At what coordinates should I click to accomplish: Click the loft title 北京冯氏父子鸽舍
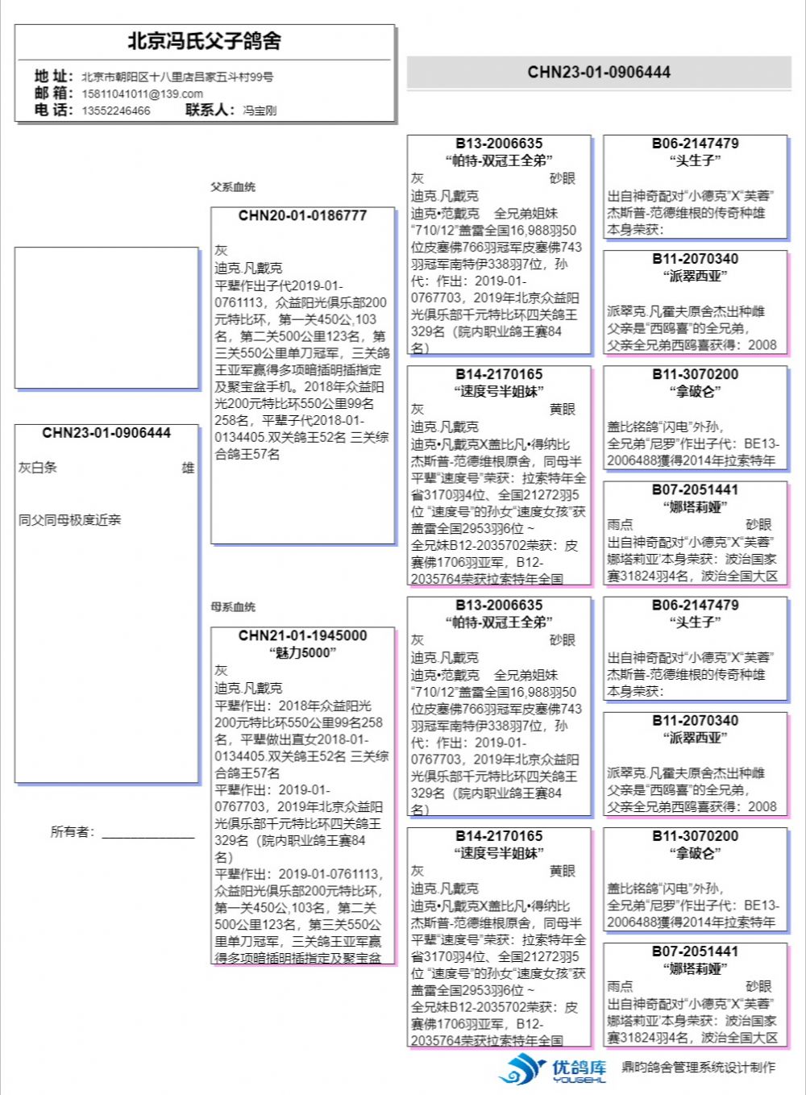point(205,41)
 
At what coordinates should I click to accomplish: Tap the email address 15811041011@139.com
point(142,94)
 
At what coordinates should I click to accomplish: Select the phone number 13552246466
point(115,110)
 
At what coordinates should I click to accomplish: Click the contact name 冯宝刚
point(260,110)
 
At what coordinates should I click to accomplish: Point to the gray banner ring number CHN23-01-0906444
point(599,72)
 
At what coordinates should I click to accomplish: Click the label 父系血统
point(233,187)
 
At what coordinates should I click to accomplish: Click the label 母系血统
point(233,607)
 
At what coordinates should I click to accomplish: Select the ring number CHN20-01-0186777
point(302,216)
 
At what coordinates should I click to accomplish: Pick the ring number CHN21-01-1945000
point(302,636)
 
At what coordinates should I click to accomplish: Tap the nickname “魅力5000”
point(302,653)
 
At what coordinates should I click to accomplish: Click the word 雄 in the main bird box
point(188,468)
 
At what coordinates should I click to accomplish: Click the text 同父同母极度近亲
point(69,520)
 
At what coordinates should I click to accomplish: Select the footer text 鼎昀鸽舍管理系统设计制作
point(698,1068)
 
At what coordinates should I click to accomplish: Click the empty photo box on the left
point(106,318)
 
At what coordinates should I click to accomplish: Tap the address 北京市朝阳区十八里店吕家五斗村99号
point(177,77)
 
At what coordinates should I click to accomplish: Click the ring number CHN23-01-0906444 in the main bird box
point(106,433)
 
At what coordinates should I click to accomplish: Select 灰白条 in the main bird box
point(38,468)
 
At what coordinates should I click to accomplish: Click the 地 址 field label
point(53,76)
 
